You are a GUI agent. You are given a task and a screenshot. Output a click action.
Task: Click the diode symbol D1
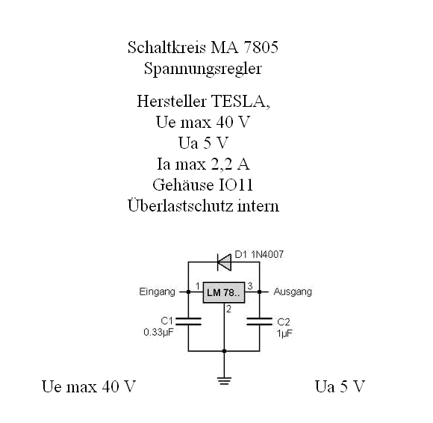(224, 262)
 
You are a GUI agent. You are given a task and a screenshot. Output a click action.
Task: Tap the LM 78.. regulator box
(224, 292)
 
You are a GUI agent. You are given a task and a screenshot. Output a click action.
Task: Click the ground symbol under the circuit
(224, 381)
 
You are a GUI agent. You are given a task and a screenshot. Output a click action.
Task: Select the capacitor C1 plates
(188, 321)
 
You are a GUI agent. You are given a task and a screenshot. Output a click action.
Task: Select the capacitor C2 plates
(259, 321)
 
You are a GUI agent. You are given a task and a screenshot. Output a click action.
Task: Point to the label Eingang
(157, 292)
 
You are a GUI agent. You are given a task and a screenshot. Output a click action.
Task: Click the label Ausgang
(293, 292)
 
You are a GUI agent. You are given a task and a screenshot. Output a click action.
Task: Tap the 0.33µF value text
(158, 332)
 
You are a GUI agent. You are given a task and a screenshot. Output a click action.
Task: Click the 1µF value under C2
(284, 333)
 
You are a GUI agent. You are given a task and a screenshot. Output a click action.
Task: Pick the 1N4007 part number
(267, 254)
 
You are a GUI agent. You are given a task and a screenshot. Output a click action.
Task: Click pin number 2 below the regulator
(228, 309)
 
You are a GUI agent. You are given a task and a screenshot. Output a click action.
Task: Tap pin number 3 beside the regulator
(250, 286)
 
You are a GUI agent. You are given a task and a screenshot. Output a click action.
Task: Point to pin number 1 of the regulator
(198, 286)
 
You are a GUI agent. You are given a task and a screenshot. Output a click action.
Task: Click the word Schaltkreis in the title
(166, 47)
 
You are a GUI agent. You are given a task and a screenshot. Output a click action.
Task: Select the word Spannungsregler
(203, 69)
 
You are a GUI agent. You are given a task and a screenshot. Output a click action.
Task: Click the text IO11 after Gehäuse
(236, 185)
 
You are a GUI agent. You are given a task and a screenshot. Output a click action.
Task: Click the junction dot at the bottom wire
(224, 351)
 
